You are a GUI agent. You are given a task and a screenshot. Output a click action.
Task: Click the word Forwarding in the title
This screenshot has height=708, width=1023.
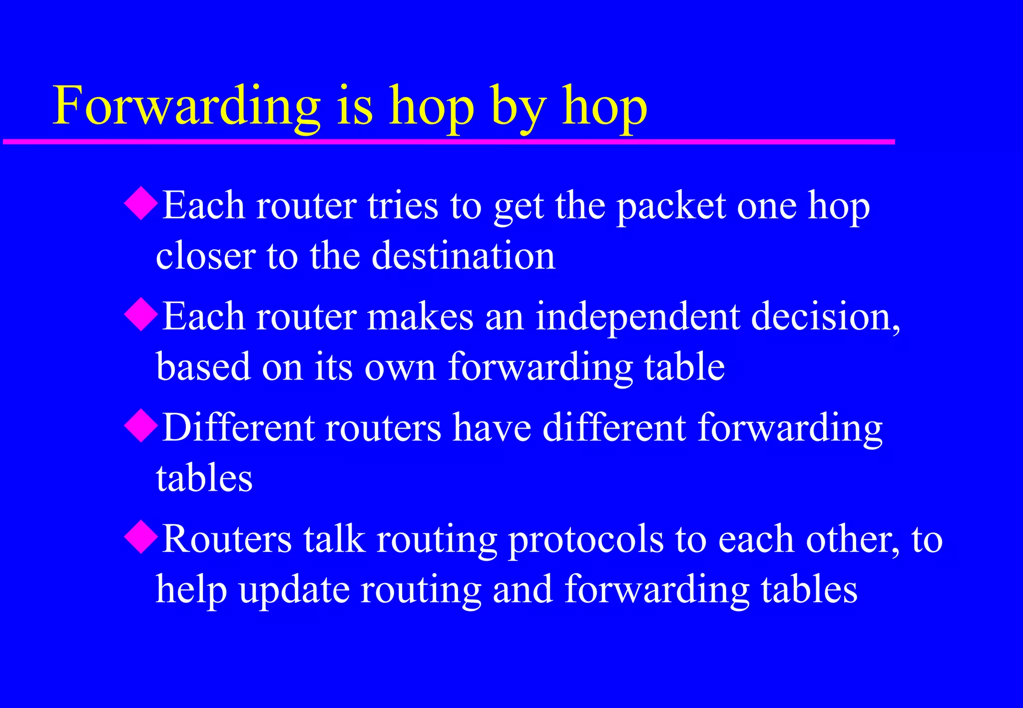tap(186, 106)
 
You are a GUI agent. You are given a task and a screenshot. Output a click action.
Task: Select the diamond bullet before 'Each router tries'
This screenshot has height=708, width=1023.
tap(141, 203)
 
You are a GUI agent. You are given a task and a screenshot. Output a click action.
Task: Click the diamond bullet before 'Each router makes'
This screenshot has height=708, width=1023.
tap(141, 314)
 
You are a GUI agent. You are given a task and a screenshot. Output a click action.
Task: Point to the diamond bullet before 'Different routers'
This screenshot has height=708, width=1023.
tap(141, 425)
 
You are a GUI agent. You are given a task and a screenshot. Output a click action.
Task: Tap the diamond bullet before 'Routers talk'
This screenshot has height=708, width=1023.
tap(141, 537)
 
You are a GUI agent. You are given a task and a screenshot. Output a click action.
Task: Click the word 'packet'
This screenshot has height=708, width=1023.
tap(671, 206)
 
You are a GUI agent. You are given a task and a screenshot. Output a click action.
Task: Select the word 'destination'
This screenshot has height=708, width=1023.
tap(463, 256)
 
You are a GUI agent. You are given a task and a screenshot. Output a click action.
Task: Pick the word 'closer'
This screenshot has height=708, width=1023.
tap(205, 256)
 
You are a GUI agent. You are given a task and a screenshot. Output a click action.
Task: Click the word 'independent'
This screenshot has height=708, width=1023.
tap(637, 318)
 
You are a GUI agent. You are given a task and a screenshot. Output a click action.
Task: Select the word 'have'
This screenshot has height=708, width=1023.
tap(492, 428)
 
